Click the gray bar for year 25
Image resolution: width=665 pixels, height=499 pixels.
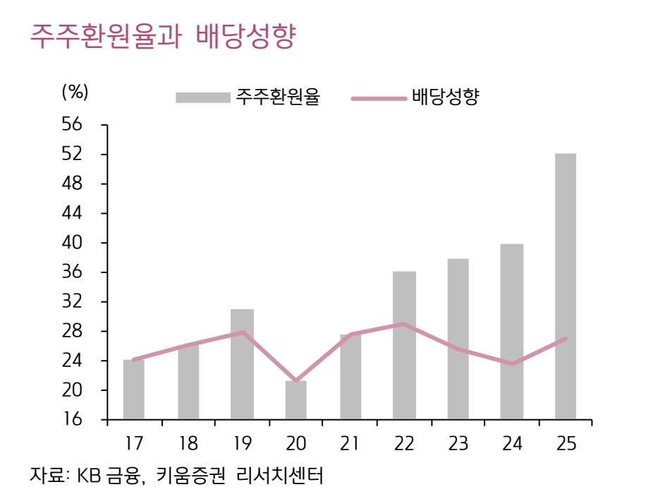(x=565, y=286)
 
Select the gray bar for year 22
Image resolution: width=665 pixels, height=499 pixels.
(x=404, y=345)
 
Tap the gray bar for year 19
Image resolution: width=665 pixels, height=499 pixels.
(x=243, y=364)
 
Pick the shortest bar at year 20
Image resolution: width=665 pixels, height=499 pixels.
(x=296, y=400)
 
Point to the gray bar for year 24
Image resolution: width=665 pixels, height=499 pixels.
(x=511, y=331)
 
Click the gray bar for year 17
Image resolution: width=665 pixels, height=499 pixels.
(x=133, y=390)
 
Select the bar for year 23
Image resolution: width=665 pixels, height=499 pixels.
(x=458, y=339)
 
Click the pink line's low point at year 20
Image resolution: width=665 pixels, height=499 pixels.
(x=296, y=381)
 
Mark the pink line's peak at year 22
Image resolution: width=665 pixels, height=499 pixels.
(x=403, y=324)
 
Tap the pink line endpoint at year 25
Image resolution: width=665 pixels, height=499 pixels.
(x=566, y=339)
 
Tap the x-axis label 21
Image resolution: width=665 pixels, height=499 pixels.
(x=350, y=444)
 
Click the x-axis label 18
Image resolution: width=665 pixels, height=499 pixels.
(x=188, y=444)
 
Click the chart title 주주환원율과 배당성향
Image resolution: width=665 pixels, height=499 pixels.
(x=161, y=37)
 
